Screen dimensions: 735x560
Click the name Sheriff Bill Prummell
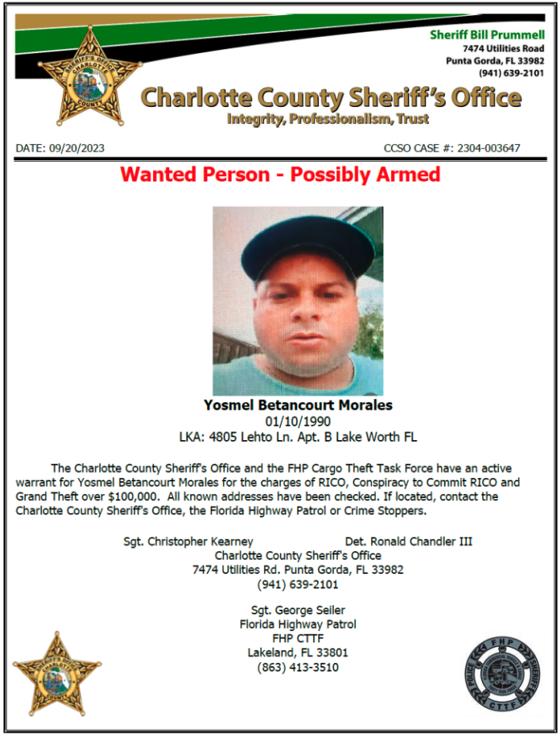(487, 35)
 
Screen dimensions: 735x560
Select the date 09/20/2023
(77, 148)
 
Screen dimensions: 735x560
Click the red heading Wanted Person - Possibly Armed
(280, 174)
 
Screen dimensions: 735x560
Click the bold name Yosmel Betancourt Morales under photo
(298, 405)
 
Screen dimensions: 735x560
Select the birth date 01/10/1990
(297, 421)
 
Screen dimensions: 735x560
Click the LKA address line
(297, 437)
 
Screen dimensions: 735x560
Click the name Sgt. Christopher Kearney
(189, 542)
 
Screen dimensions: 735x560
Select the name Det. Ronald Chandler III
(408, 542)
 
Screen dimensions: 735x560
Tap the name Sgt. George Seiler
(297, 610)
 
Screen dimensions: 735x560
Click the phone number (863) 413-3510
(297, 667)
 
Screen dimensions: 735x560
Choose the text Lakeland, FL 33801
(297, 653)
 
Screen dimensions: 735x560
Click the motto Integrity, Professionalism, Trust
(328, 120)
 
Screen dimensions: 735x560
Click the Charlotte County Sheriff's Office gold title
(332, 98)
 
